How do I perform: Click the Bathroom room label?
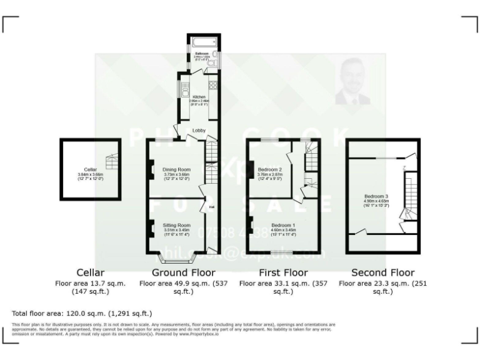[201, 54]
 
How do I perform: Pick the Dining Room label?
[177, 169]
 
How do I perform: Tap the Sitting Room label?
[176, 224]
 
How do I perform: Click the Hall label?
[211, 207]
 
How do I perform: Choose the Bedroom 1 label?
[284, 224]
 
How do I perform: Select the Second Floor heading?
[382, 272]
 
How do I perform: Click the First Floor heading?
[283, 272]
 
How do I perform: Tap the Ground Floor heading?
[183, 272]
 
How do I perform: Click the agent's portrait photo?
[352, 81]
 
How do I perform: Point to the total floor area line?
[82, 313]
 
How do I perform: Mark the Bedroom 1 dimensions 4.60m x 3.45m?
[284, 230]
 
